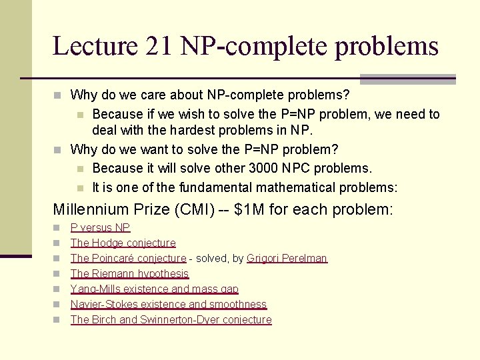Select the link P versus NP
click(x=100, y=228)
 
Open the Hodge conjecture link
click(x=123, y=243)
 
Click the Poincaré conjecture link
click(x=128, y=259)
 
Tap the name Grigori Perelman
click(x=287, y=259)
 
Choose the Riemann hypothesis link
click(x=129, y=274)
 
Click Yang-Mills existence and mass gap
click(x=154, y=289)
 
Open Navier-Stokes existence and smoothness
click(x=168, y=305)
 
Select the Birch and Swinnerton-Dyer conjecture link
click(x=171, y=320)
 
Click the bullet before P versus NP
click(x=57, y=228)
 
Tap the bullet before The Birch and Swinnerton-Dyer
click(x=57, y=320)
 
